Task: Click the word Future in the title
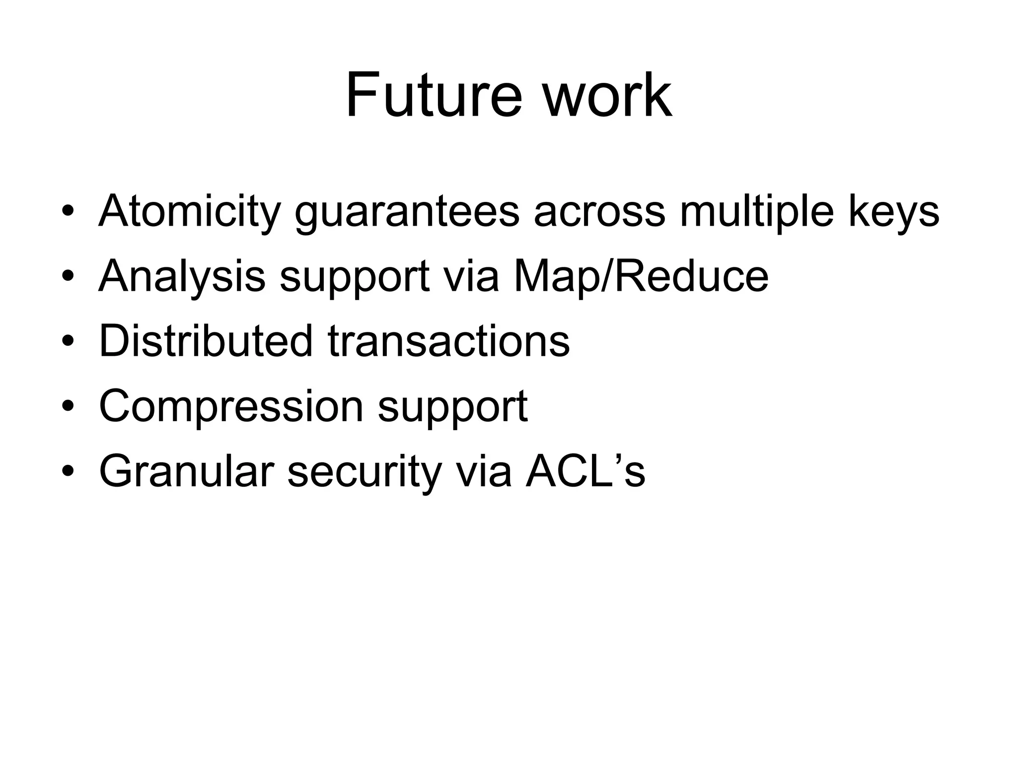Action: (434, 95)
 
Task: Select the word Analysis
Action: (182, 277)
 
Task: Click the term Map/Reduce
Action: (641, 276)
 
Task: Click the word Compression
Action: (231, 406)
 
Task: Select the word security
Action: (364, 472)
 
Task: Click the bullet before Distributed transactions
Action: (68, 342)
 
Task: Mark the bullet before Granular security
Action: (68, 472)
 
